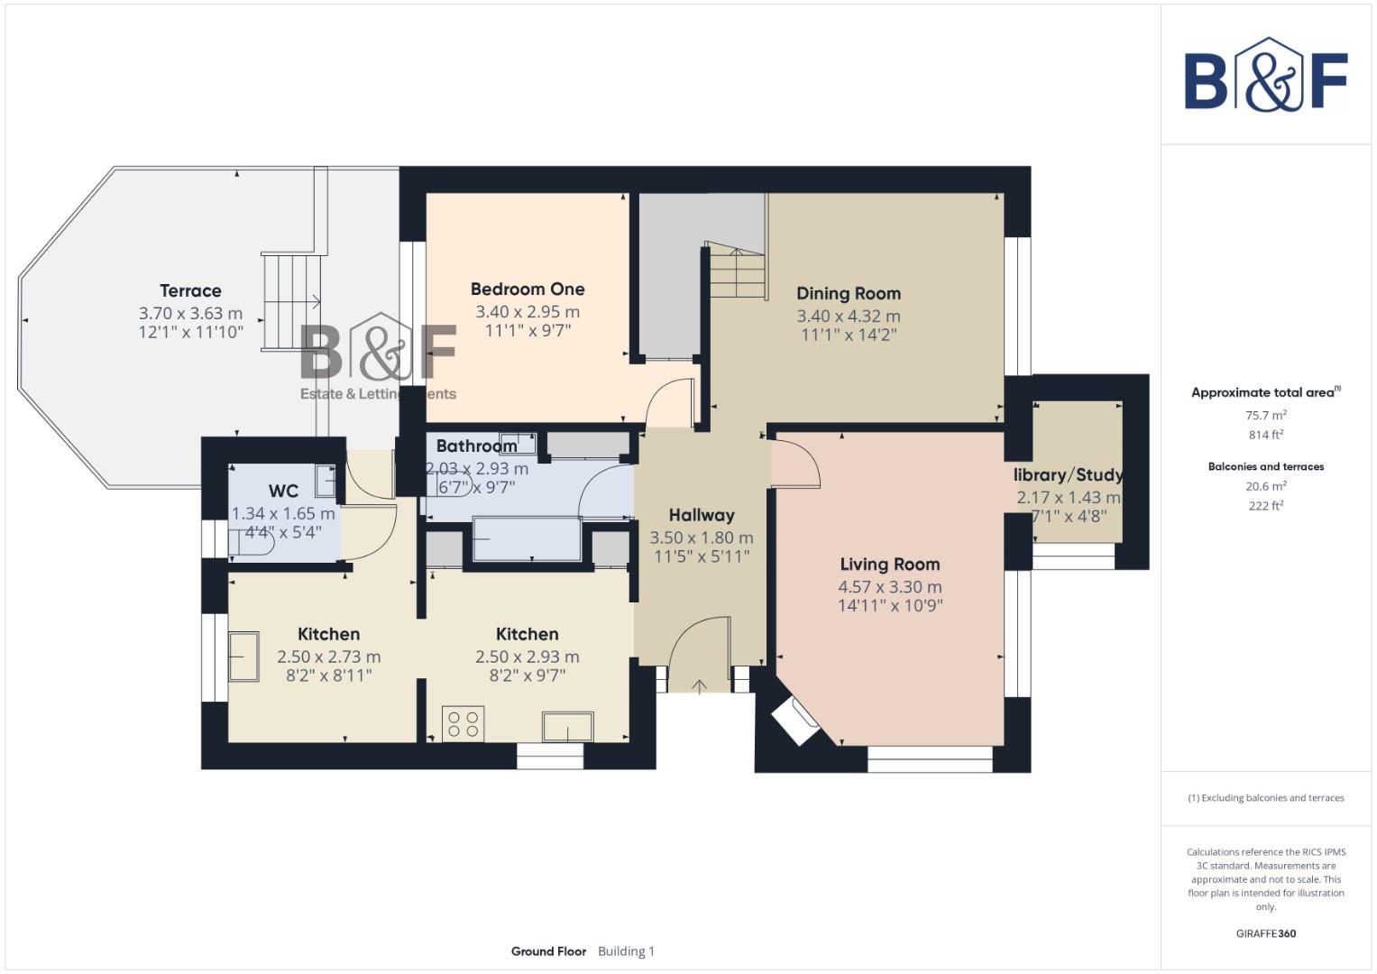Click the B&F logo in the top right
pyautogui.click(x=1266, y=77)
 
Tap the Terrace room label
pyautogui.click(x=190, y=290)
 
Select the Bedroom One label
pyautogui.click(x=528, y=289)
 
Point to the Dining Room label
pyautogui.click(x=848, y=293)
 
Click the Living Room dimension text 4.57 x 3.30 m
pyautogui.click(x=889, y=587)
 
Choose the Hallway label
pyautogui.click(x=701, y=515)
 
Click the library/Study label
pyautogui.click(x=1068, y=474)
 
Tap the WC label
pyautogui.click(x=283, y=491)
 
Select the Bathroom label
pyautogui.click(x=476, y=446)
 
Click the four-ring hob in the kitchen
pyautogui.click(x=464, y=724)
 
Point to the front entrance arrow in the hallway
pyautogui.click(x=699, y=687)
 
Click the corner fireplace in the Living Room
pyautogui.click(x=794, y=721)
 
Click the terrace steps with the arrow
pyautogui.click(x=293, y=300)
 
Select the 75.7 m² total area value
pyautogui.click(x=1265, y=416)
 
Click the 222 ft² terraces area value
pyautogui.click(x=1265, y=506)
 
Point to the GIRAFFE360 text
pyautogui.click(x=1265, y=933)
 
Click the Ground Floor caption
pyautogui.click(x=548, y=951)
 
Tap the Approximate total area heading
pyautogui.click(x=1264, y=392)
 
